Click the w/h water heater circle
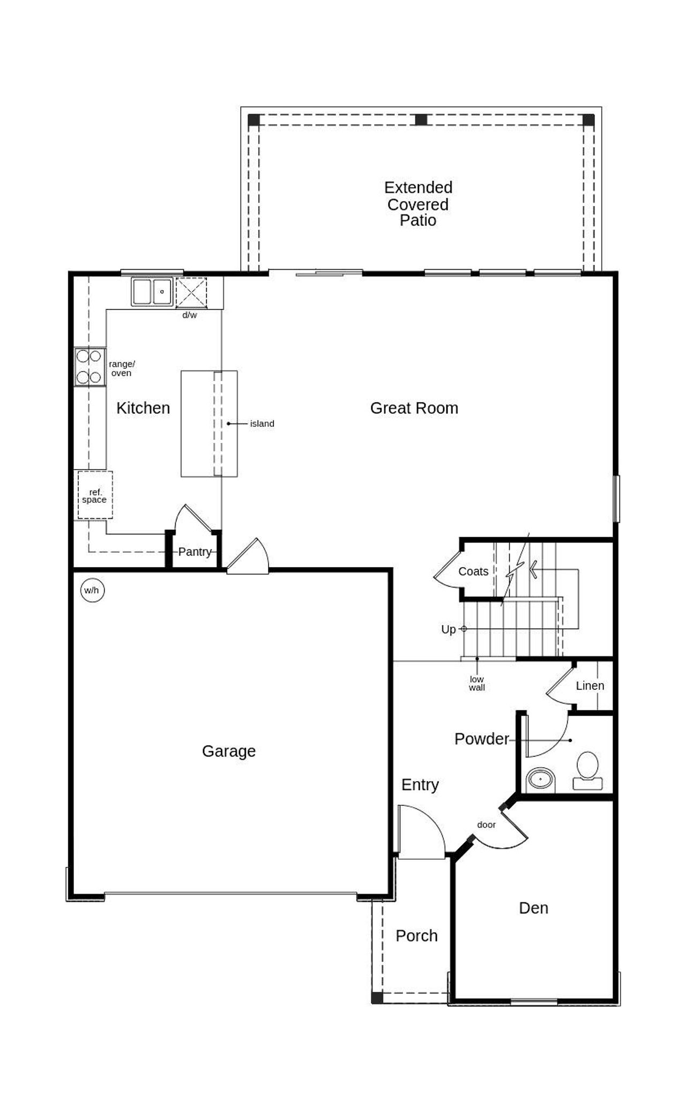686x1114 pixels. click(92, 590)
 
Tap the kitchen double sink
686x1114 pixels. click(152, 292)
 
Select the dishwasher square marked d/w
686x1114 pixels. click(191, 293)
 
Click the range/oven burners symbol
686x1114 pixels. click(90, 367)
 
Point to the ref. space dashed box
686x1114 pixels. click(95, 495)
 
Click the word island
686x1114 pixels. click(262, 424)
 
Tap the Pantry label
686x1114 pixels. click(194, 552)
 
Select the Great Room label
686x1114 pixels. click(414, 408)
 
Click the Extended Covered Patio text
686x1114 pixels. click(418, 204)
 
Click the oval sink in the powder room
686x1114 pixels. click(540, 778)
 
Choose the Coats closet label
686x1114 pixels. click(473, 571)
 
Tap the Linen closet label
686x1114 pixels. click(590, 686)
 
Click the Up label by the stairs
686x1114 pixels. click(448, 629)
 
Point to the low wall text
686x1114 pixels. click(476, 684)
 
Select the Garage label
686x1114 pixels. click(228, 751)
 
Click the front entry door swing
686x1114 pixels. click(421, 831)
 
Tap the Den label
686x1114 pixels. click(533, 908)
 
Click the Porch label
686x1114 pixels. click(416, 935)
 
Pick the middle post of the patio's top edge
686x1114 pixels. click(421, 120)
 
